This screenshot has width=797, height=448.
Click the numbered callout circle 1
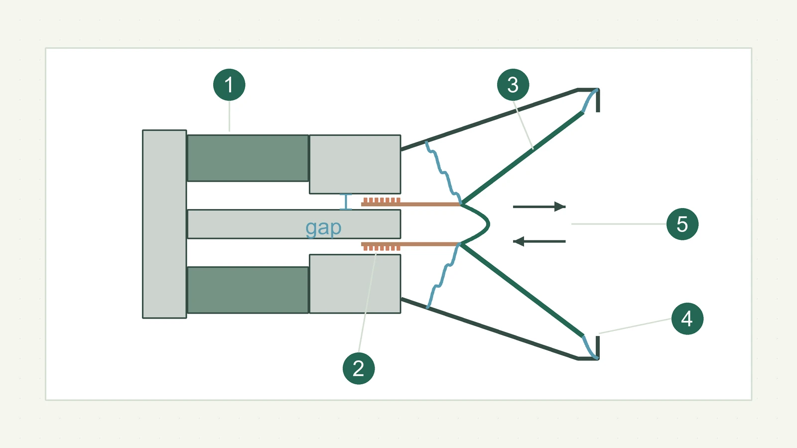click(229, 85)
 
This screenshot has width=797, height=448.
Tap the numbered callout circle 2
click(358, 368)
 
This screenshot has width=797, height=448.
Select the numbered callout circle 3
click(513, 85)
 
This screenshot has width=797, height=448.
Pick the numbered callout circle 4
click(687, 319)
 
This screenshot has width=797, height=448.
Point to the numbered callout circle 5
click(682, 224)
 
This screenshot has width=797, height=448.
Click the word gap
click(323, 228)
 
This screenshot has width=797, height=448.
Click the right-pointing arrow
click(539, 207)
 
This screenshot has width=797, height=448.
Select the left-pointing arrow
click(539, 241)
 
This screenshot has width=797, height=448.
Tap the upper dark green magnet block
click(248, 158)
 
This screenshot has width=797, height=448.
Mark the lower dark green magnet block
click(248, 290)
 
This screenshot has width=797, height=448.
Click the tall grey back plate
click(164, 224)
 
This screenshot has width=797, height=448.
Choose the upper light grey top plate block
click(355, 164)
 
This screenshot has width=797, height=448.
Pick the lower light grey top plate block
click(355, 284)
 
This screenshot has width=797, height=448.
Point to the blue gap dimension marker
click(346, 202)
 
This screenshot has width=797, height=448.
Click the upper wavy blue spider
click(444, 173)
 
